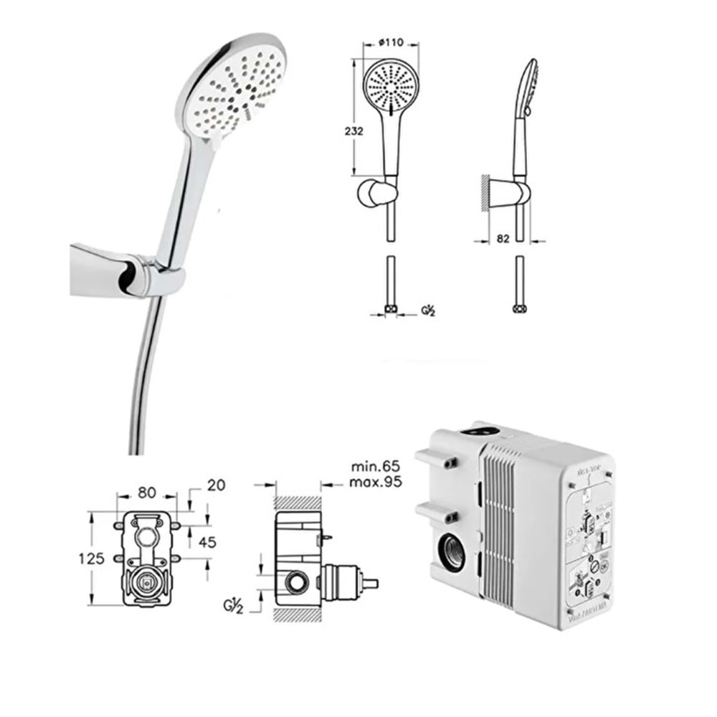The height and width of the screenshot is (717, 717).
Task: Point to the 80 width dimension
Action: (146, 493)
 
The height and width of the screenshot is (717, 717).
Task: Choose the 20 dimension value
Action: (215, 485)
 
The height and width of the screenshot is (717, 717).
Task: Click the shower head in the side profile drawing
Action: (529, 86)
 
